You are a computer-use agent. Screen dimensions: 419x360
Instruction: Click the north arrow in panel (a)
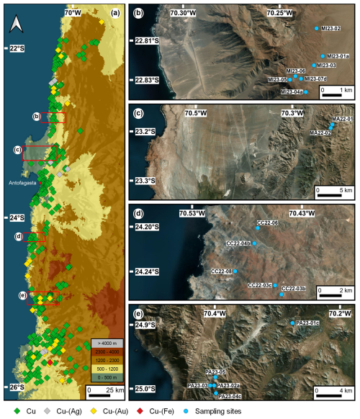point(15,24)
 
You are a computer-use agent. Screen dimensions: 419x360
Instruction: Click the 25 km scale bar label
point(106,389)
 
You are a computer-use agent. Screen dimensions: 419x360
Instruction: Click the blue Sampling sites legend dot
point(208,411)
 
